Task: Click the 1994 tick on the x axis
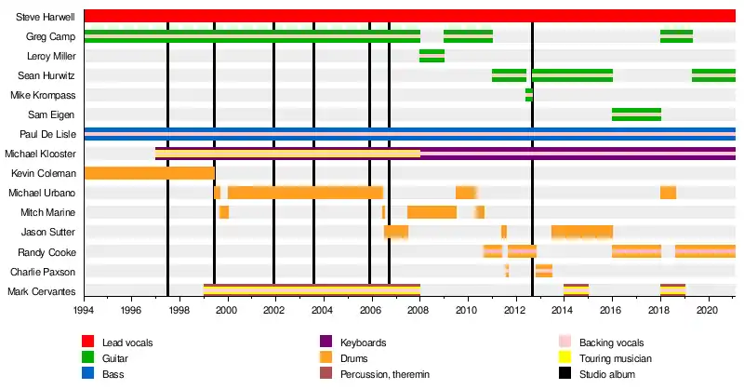[x=84, y=309]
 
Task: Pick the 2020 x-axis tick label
[x=707, y=309]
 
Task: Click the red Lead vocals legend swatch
[x=88, y=342]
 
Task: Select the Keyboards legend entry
[x=365, y=342]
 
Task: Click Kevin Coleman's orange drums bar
[x=149, y=173]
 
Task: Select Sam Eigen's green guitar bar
[x=636, y=114]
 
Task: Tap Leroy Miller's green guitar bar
[x=432, y=56]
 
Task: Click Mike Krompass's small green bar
[x=528, y=95]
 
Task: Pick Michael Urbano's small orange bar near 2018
[x=668, y=193]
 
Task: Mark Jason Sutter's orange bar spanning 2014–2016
[x=581, y=232]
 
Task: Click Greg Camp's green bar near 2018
[x=676, y=36]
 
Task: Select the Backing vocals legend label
[x=611, y=342]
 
